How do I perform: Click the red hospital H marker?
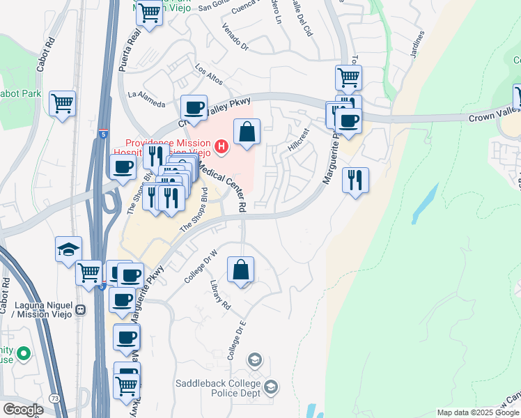(x=221, y=146)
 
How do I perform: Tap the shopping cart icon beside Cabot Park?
(x=63, y=104)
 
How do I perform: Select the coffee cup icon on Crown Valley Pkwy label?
(x=194, y=108)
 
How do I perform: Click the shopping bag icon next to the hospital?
(x=247, y=131)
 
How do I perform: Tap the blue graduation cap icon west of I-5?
(x=69, y=249)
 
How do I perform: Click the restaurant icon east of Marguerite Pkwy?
(x=356, y=180)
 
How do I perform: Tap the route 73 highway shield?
(x=54, y=398)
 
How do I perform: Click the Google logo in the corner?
(x=23, y=409)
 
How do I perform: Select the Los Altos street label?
(x=209, y=75)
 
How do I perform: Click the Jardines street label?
(x=417, y=45)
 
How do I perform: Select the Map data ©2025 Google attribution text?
(x=479, y=412)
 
